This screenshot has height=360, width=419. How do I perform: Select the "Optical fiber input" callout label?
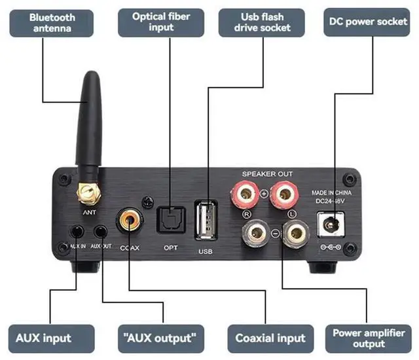pyautogui.click(x=162, y=22)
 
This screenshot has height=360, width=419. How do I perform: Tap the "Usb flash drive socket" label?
pyautogui.click(x=261, y=21)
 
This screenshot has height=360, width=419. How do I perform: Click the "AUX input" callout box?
pyautogui.click(x=44, y=338)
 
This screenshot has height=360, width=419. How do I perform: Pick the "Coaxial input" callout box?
pyautogui.click(x=270, y=338)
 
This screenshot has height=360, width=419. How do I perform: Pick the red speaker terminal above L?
pyautogui.click(x=283, y=194)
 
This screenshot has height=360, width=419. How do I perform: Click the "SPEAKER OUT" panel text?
pyautogui.click(x=267, y=173)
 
